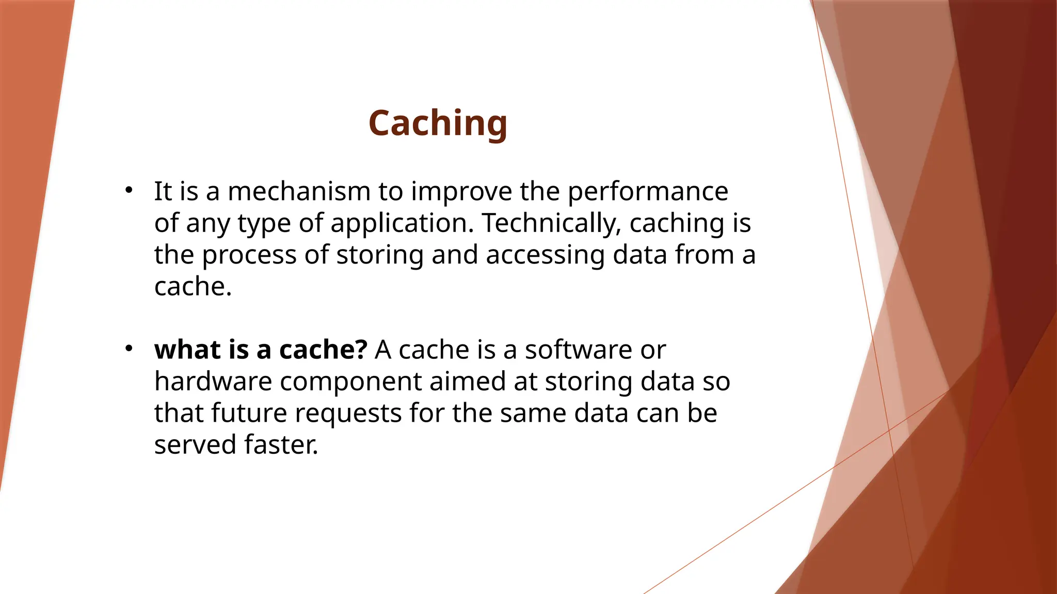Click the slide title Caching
click(438, 124)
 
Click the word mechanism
click(299, 191)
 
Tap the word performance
click(648, 192)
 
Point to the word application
click(401, 224)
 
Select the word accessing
click(545, 256)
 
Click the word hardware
click(213, 382)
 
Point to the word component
click(350, 383)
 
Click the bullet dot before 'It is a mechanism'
click(129, 190)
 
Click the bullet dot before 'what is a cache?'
click(129, 349)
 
